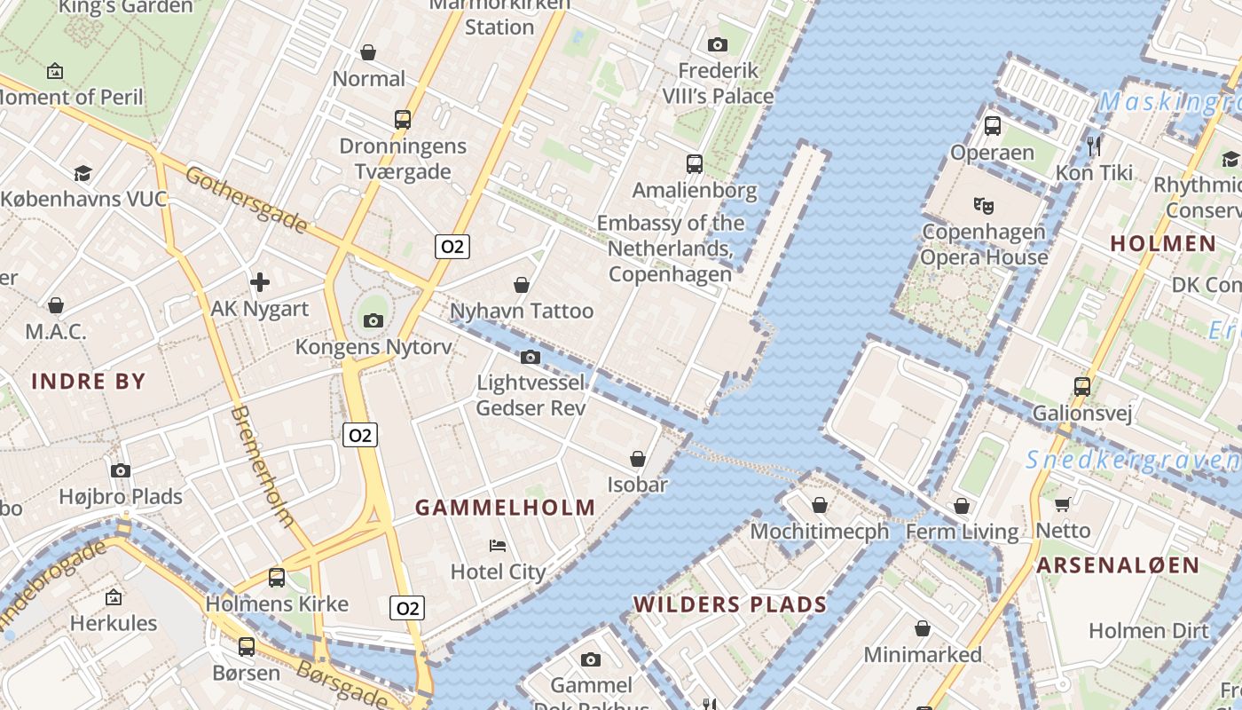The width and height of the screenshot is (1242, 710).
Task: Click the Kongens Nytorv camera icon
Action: [x=373, y=320]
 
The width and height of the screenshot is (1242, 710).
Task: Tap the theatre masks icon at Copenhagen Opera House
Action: [x=983, y=206]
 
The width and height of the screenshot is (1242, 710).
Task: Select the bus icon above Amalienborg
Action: [x=694, y=163]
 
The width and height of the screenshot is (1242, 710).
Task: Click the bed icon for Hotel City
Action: [x=498, y=545]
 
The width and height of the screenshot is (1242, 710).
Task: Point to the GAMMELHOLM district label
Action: [x=506, y=508]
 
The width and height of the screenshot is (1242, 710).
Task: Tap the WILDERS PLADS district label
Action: [x=729, y=604]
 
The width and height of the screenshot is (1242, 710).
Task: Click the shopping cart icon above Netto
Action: [x=1062, y=505]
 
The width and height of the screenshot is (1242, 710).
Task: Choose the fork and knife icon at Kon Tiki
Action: [x=1094, y=146]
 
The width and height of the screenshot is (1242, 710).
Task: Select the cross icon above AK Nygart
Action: [x=260, y=282]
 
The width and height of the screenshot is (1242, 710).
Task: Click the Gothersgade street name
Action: [x=246, y=200]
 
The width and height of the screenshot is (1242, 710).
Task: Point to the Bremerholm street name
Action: [x=263, y=466]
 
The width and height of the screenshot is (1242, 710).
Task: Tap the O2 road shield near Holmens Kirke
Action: [x=407, y=608]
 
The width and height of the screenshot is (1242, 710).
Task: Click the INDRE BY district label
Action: [x=89, y=382]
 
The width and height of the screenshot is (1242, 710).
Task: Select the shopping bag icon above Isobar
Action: [x=637, y=459]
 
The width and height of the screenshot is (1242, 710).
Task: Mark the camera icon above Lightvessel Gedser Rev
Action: [x=531, y=357]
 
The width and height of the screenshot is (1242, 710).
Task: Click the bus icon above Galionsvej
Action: [x=1081, y=386]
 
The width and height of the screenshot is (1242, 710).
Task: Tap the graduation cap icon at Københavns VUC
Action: [x=83, y=173]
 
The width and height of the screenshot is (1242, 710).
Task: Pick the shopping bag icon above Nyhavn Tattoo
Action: [x=522, y=285]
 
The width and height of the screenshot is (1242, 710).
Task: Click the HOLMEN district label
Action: [x=1163, y=243]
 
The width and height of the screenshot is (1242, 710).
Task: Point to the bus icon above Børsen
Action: [x=247, y=646]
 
